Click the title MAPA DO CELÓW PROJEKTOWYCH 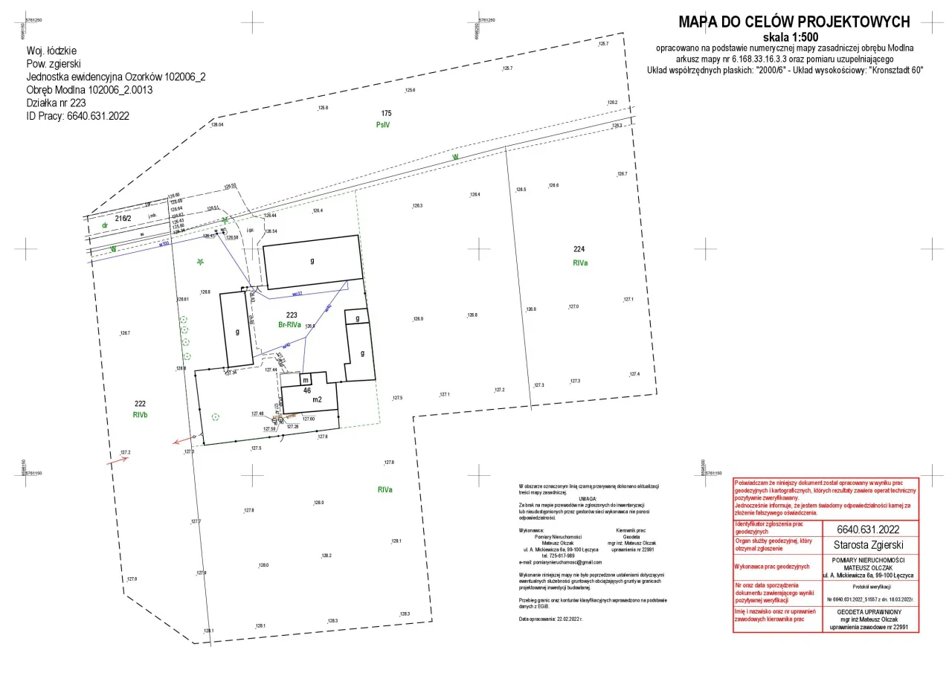794,22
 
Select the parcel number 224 580,249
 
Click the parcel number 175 386,113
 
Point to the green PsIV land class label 383,126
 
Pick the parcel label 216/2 123,219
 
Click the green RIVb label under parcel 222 141,415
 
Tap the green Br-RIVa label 289,325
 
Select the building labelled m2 317,400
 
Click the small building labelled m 305,380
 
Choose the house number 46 306,390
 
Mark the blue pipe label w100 164,242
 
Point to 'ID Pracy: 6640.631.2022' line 78,116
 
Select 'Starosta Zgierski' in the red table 869,545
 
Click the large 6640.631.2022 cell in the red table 869,529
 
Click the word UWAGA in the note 588,498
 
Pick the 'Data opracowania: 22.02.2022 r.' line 550,619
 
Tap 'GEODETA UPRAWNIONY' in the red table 869,611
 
